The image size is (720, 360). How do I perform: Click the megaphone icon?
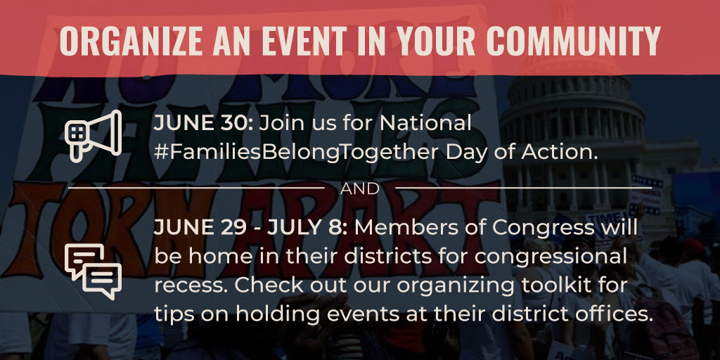pos(94,136)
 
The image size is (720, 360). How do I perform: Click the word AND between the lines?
pos(359,188)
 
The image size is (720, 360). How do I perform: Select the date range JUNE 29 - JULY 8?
pos(251,227)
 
